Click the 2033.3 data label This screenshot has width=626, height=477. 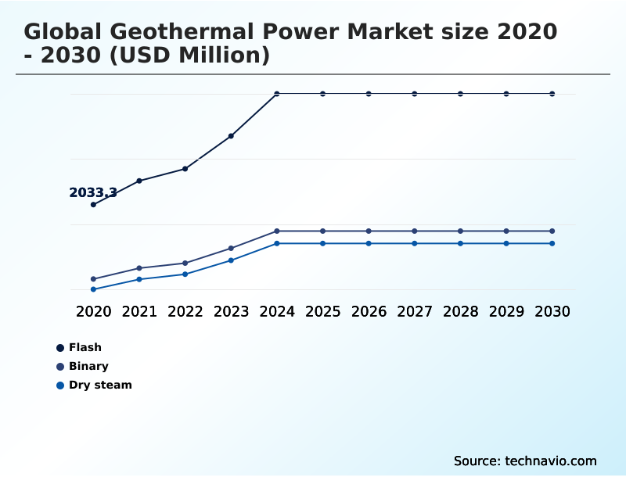point(93,192)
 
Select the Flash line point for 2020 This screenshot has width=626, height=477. point(94,205)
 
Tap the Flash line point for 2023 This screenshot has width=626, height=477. point(231,136)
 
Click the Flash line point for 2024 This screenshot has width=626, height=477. point(277,94)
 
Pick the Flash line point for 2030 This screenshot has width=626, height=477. point(552,94)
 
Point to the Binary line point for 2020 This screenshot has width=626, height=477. point(94,279)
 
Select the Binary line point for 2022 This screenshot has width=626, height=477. point(185,263)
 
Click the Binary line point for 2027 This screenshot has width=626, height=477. point(415,231)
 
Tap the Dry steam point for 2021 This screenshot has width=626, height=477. point(139,279)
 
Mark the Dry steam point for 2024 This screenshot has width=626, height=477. point(277,243)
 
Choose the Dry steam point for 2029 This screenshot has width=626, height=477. point(506,243)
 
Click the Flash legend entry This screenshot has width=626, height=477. point(85,347)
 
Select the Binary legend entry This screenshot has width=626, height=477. point(88,366)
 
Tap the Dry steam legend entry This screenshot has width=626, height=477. point(99,385)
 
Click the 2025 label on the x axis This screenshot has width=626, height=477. point(322,311)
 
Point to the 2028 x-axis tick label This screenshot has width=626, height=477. point(460,311)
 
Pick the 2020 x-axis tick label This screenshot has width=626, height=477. point(94,311)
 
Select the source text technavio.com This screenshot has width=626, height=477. point(551,461)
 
